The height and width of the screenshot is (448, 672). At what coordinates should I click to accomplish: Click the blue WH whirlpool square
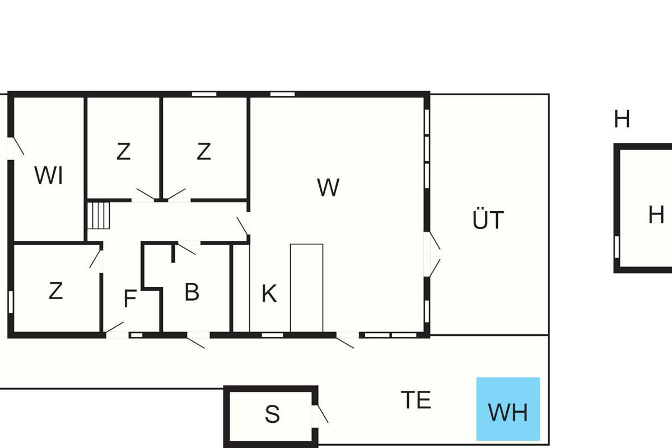click(x=508, y=409)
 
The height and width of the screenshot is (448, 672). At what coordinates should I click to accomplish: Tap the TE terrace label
click(x=416, y=400)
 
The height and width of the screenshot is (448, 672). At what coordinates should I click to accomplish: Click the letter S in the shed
click(x=272, y=414)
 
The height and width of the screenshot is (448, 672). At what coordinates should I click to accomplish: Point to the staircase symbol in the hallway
click(x=99, y=216)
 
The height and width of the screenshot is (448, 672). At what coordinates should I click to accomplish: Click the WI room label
click(x=49, y=175)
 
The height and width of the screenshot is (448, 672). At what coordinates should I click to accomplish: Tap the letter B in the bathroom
click(x=192, y=292)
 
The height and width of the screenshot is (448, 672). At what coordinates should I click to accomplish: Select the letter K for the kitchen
click(x=269, y=293)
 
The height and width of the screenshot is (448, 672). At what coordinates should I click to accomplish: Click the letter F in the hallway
click(x=130, y=298)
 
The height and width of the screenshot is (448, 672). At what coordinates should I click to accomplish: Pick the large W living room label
click(x=328, y=187)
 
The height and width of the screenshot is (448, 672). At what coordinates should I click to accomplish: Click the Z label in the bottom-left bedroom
click(x=56, y=291)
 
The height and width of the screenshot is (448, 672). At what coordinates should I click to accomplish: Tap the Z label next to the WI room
click(x=124, y=152)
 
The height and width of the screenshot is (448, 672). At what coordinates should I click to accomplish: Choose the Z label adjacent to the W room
click(x=204, y=151)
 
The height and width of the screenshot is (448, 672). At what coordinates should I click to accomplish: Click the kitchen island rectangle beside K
click(x=307, y=288)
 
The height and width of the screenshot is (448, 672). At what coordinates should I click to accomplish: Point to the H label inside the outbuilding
click(x=656, y=214)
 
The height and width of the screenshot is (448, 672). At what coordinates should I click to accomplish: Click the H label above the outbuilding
click(x=622, y=119)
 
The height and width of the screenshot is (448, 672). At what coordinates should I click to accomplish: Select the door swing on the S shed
click(x=323, y=414)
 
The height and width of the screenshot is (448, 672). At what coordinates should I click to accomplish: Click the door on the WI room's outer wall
click(x=16, y=148)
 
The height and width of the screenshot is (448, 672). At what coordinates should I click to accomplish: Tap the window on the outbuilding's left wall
click(x=617, y=247)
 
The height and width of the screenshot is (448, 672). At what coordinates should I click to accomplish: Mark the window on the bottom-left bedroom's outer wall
click(x=11, y=302)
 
